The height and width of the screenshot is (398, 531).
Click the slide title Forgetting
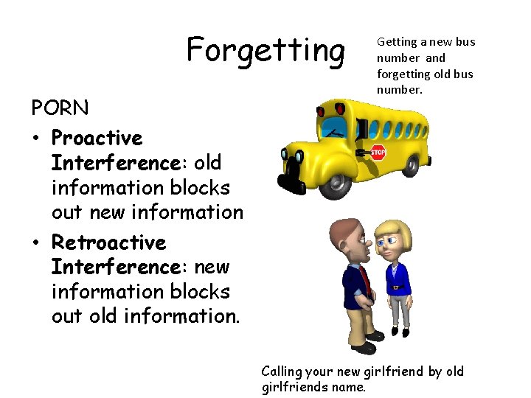tap(265, 51)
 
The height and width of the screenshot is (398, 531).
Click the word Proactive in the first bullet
tap(97, 138)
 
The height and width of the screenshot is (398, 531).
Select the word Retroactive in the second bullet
tap(108, 242)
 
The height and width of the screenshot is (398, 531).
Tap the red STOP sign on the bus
tap(378, 153)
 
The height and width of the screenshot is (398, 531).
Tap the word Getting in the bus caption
tap(397, 42)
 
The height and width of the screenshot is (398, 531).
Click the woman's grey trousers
tap(399, 310)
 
